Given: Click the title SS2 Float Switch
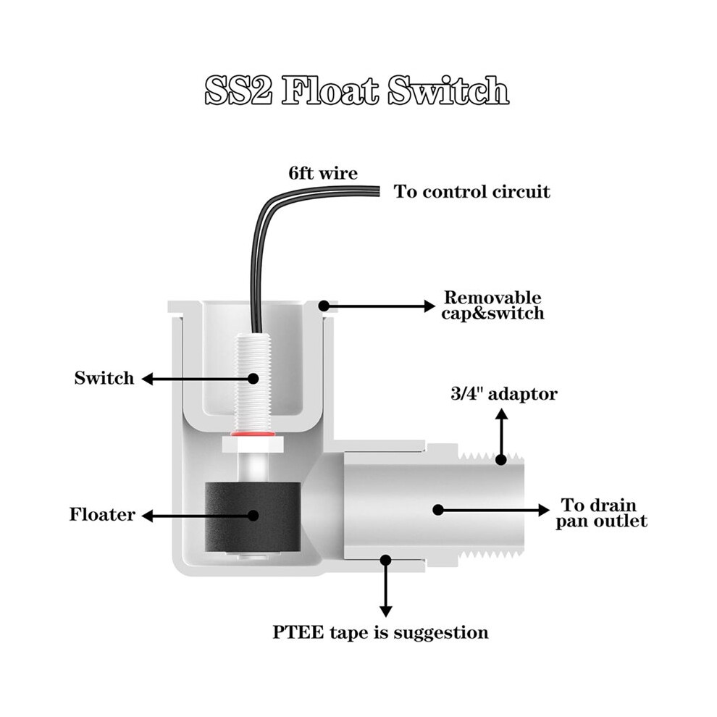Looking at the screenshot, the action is coord(356,90).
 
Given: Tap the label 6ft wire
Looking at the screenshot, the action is coord(323,173).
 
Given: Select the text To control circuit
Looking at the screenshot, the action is coord(472,192).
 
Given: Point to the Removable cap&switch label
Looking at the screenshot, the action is coord(493,306).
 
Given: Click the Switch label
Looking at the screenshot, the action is coord(104,378).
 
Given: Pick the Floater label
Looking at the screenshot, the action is coord(102,514).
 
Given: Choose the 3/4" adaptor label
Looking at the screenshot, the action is coord(504,394).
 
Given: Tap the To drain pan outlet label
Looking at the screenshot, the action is coord(601,513).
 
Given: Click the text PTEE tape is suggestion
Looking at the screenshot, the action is coord(380,633).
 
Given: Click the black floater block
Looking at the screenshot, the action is coord(253,516).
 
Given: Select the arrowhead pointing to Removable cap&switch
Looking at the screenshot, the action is coord(429,306).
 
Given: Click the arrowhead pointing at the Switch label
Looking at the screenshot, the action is coord(147,379).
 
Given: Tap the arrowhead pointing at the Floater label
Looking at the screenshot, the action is coord(147,516).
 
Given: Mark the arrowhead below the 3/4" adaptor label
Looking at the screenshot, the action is coord(502,414).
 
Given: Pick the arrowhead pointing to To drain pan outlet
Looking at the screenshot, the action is coord(544,510).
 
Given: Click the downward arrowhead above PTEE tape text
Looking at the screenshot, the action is coord(386,611).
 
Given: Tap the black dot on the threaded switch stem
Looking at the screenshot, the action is coord(253,379).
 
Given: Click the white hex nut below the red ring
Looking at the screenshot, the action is coord(253,443).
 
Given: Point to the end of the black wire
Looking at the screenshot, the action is coord(379,190).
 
